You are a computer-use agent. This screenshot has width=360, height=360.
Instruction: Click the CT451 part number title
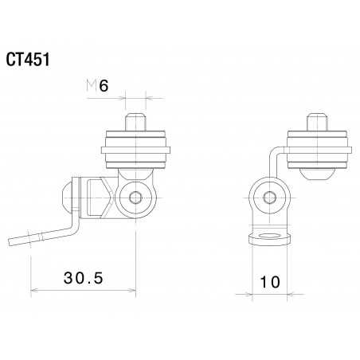click(x=30, y=61)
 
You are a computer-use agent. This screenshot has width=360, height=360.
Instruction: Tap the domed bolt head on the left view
click(x=68, y=197)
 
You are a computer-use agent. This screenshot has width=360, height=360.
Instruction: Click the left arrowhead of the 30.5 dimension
click(x=33, y=290)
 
